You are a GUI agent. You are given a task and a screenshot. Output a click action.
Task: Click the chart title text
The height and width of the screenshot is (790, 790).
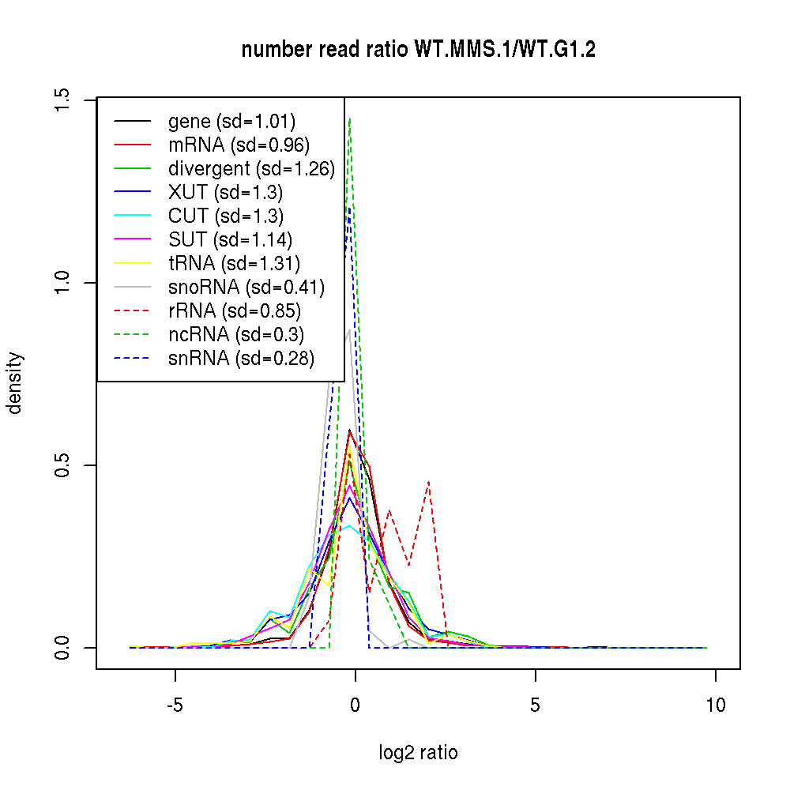tap(418, 50)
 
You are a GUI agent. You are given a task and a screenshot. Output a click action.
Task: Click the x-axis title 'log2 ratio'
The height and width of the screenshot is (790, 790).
tap(418, 752)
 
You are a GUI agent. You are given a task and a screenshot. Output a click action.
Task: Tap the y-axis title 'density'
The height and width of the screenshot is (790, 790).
tap(15, 383)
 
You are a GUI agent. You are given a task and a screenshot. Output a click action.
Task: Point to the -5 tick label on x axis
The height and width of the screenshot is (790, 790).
tap(175, 705)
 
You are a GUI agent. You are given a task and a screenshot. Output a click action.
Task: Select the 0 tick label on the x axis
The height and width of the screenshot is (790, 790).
tap(355, 705)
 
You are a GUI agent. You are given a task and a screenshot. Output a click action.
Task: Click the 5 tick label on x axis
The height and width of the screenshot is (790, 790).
tap(536, 705)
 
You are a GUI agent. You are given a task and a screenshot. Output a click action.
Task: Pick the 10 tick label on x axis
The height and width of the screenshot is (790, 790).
tap(715, 705)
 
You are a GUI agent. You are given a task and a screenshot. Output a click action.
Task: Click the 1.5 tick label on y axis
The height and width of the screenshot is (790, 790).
tap(64, 101)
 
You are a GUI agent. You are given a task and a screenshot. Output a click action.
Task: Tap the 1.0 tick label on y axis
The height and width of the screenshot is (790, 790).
tap(64, 283)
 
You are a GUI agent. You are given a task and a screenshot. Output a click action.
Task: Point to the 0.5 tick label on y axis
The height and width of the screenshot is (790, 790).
tap(64, 465)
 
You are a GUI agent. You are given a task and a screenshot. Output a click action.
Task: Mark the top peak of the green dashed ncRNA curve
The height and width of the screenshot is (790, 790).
tap(349, 119)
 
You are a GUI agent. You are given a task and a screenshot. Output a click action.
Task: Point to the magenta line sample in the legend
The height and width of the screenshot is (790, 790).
tap(132, 240)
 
